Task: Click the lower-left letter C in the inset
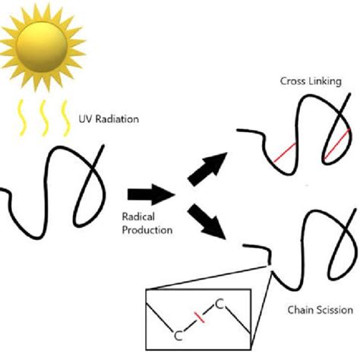(x=178, y=334)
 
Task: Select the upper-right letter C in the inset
(x=219, y=304)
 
